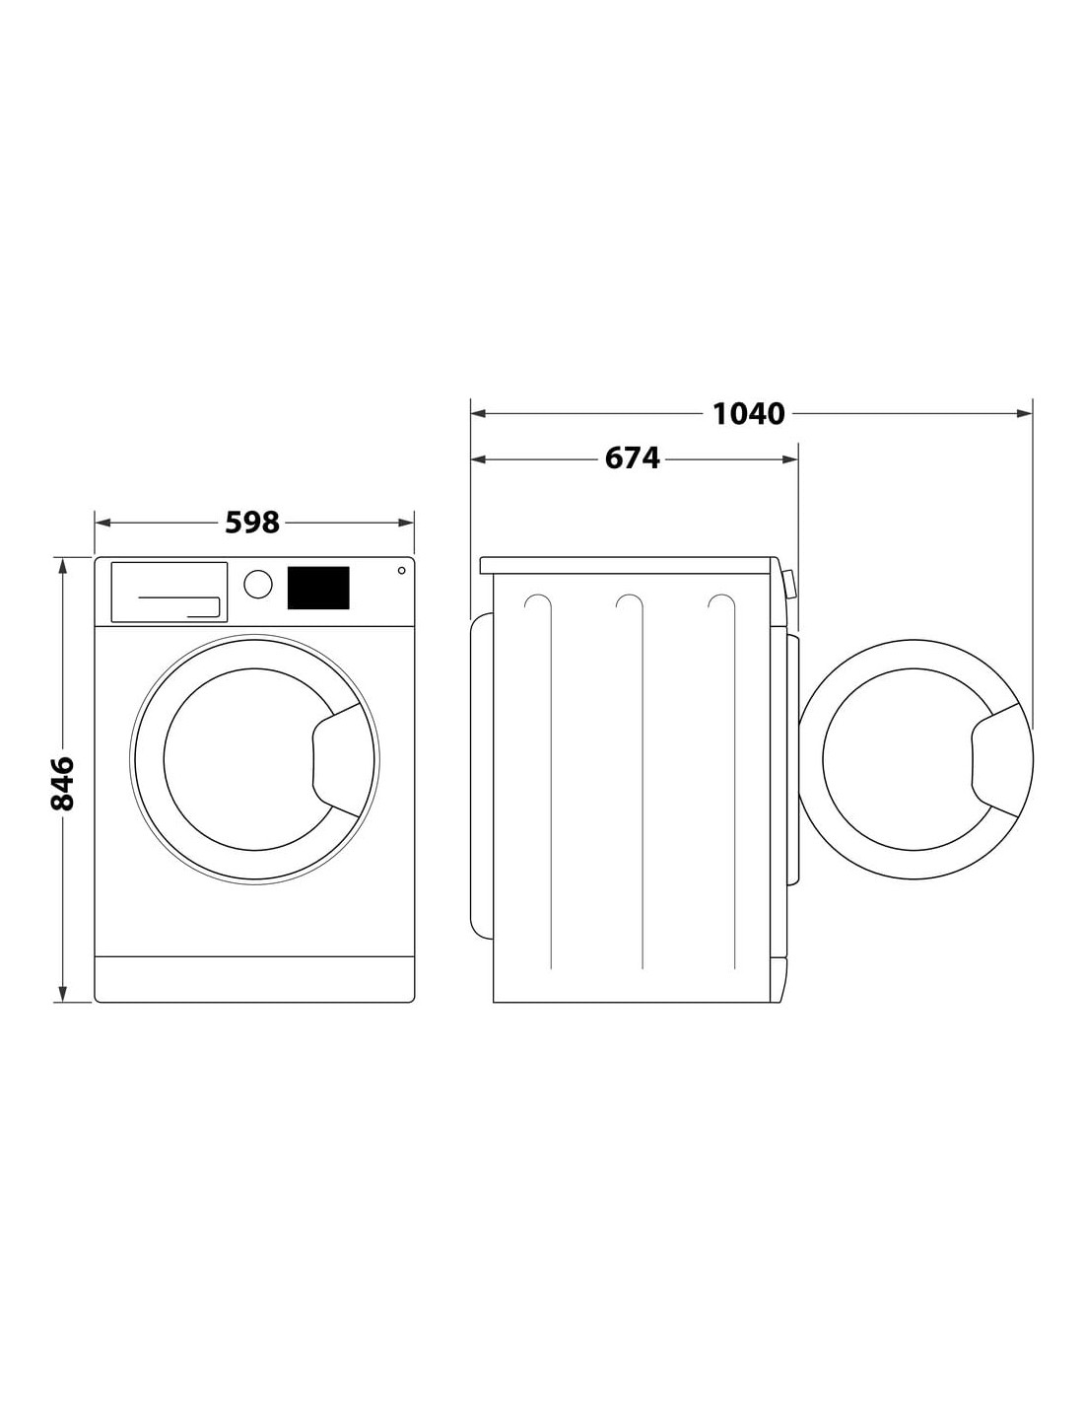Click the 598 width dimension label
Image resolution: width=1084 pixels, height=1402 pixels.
pos(251,523)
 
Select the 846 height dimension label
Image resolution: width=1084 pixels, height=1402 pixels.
pos(62,783)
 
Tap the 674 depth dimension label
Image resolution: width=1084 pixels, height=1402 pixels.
pos(632,458)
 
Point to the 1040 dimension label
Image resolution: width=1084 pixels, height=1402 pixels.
pos(748,413)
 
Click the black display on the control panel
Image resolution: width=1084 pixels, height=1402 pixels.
pos(318,588)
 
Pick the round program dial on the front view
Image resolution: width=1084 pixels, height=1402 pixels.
pos(258,584)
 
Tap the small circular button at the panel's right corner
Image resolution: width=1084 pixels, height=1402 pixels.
pos(401,570)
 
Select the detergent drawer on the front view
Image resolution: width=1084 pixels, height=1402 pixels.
pos(169,593)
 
